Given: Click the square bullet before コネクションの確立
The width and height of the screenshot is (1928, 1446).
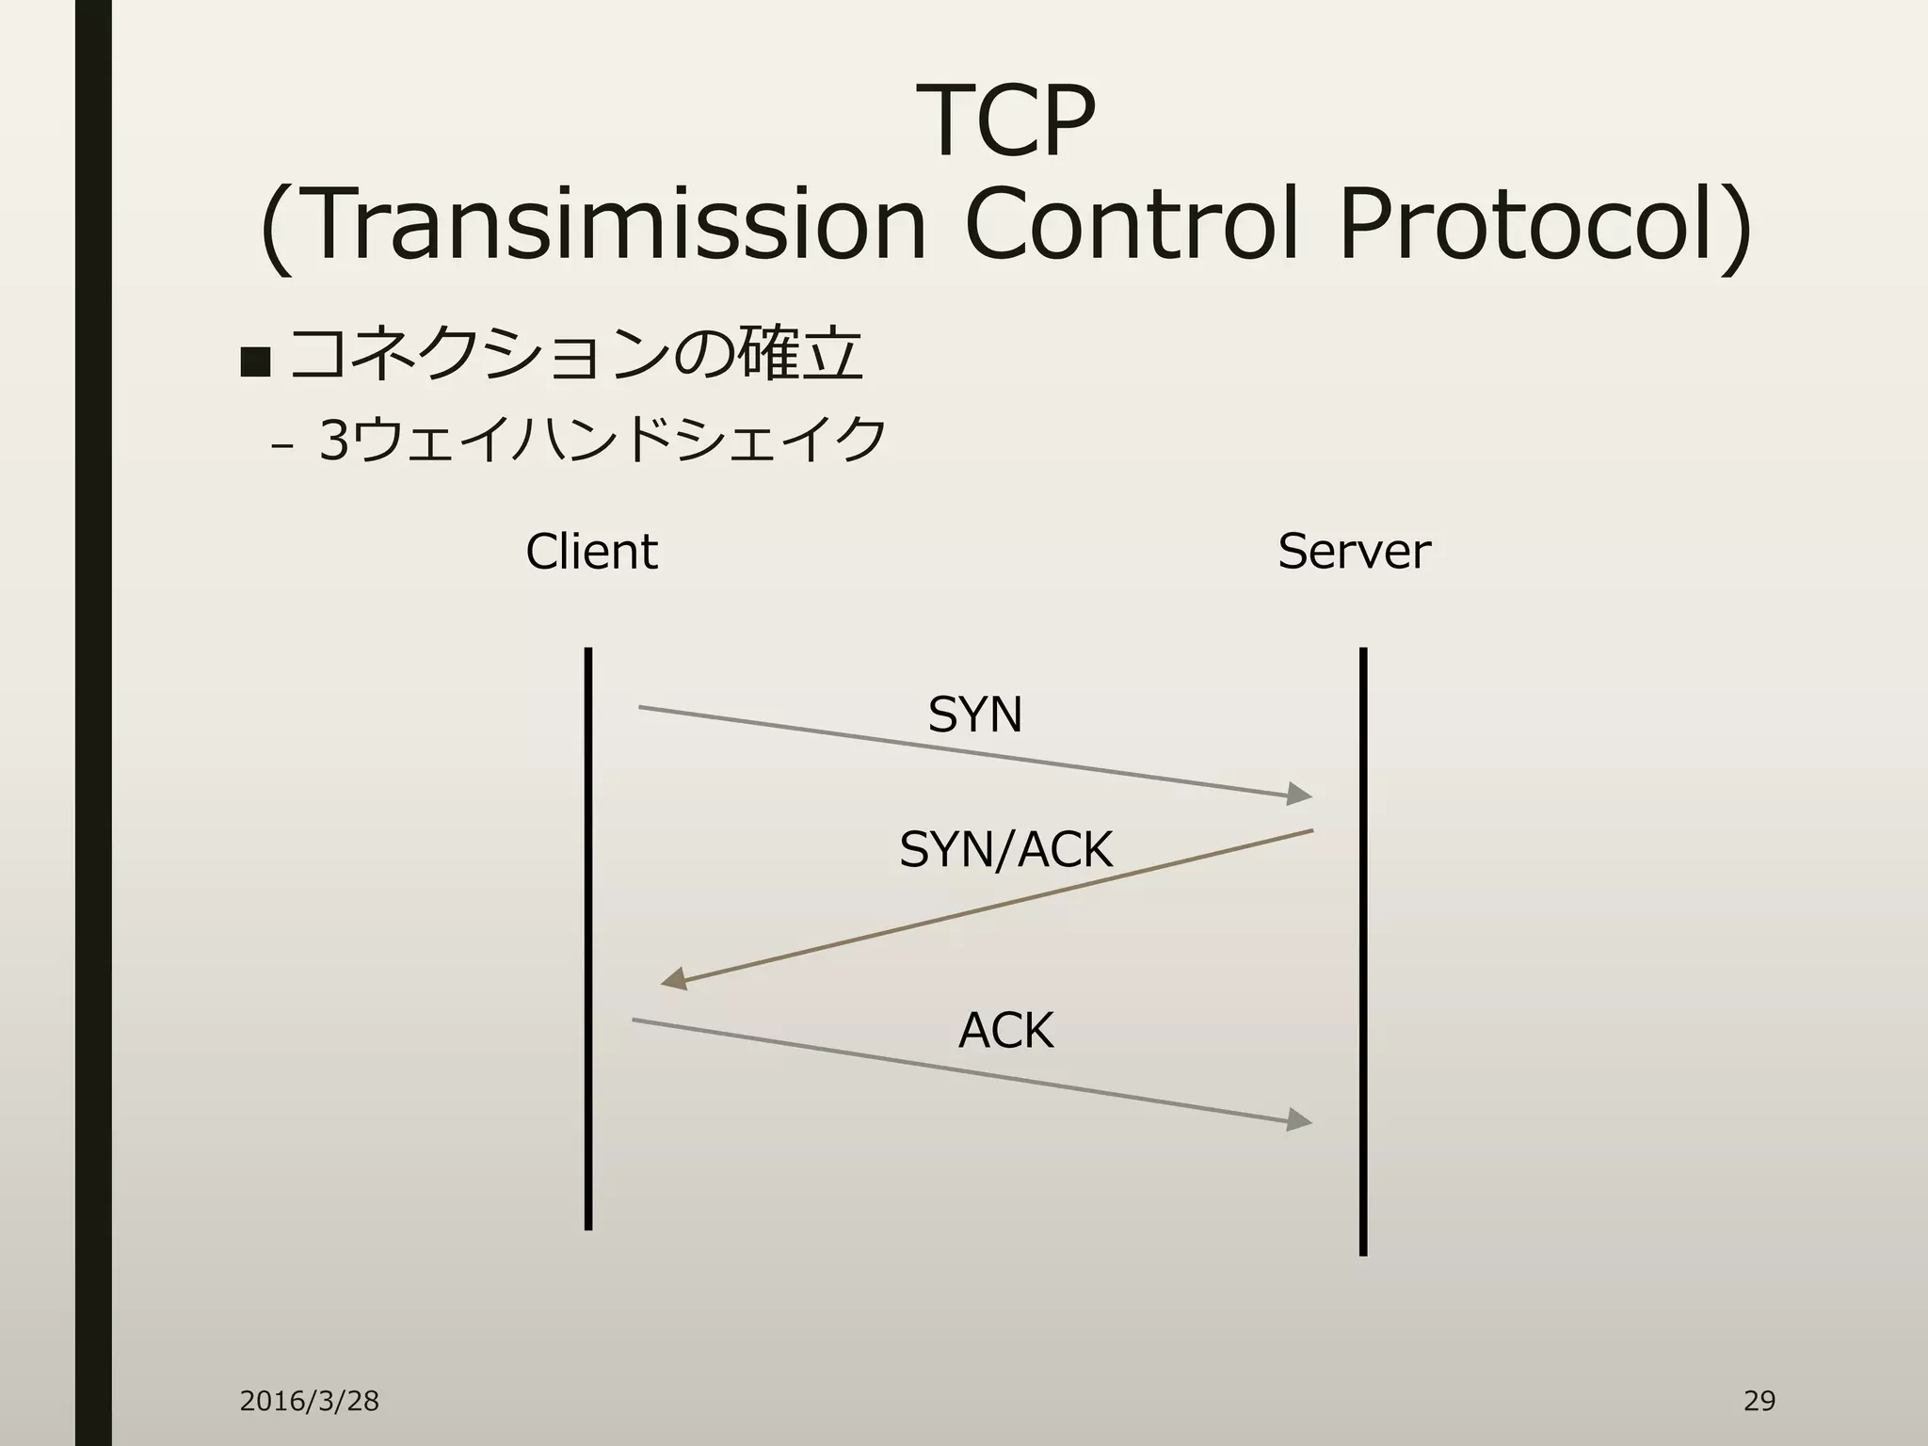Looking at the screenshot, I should click(255, 361).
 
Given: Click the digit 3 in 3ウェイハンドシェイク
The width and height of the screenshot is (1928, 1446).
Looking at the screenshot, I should click(334, 440).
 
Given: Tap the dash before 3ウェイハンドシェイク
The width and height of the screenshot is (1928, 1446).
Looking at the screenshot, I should click(280, 447).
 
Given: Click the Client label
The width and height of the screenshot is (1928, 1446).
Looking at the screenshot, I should click(591, 552).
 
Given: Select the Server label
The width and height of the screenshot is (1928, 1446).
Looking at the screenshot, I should click(1354, 552).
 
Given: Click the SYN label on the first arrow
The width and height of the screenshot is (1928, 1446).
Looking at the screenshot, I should click(974, 715).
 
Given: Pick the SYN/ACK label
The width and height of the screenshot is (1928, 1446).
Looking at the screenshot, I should click(1005, 849).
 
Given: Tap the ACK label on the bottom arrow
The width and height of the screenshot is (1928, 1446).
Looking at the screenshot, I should click(1005, 1030).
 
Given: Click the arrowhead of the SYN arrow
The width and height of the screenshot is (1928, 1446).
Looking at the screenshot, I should click(1300, 795).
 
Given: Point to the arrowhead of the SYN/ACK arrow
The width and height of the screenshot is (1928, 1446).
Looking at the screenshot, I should click(674, 980).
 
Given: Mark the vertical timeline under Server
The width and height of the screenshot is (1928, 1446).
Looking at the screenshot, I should click(1363, 951).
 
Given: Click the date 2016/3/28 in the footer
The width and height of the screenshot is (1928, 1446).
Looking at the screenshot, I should click(309, 1402).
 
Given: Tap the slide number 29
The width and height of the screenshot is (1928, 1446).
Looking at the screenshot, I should click(1759, 1401).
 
